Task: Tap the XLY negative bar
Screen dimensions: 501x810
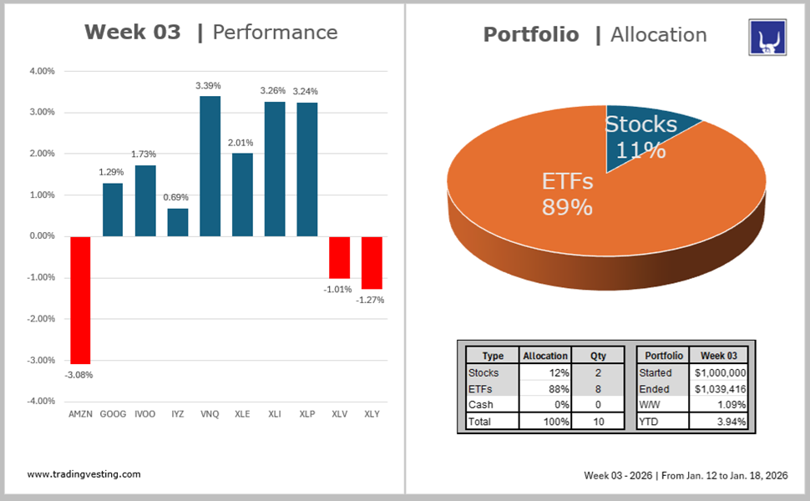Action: (372, 262)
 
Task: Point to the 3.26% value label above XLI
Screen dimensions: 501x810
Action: (275, 90)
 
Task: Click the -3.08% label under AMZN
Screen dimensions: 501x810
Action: (78, 375)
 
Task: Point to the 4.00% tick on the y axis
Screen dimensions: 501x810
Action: (41, 71)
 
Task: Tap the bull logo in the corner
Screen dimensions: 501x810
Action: (767, 38)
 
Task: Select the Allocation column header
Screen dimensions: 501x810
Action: (545, 356)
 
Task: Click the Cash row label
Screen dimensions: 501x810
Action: (481, 405)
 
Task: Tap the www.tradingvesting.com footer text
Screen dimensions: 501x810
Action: (84, 474)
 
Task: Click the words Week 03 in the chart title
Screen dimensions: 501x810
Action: (132, 33)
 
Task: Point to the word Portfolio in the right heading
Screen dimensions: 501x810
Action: (531, 34)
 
